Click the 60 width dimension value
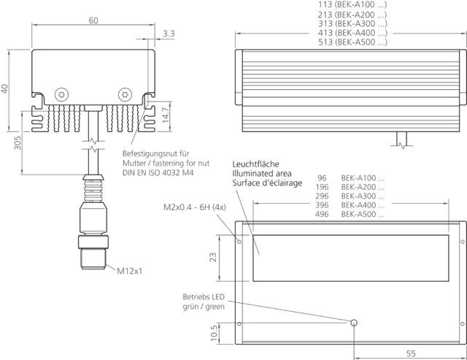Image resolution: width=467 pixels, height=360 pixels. (x=93, y=20)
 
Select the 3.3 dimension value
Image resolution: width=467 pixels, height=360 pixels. (x=169, y=34)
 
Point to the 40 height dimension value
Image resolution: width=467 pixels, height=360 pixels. (x=7, y=88)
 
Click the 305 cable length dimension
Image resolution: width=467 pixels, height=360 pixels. (x=17, y=142)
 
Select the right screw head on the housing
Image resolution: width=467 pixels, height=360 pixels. (x=126, y=95)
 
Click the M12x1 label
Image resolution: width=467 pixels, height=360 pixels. (x=130, y=271)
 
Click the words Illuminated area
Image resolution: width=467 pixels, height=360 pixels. (x=262, y=174)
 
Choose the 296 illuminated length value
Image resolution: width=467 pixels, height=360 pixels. (x=323, y=196)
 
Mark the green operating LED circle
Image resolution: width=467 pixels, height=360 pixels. (x=355, y=323)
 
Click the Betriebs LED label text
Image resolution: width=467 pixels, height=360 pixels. (x=204, y=296)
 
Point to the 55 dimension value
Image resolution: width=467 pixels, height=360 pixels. (x=410, y=353)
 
